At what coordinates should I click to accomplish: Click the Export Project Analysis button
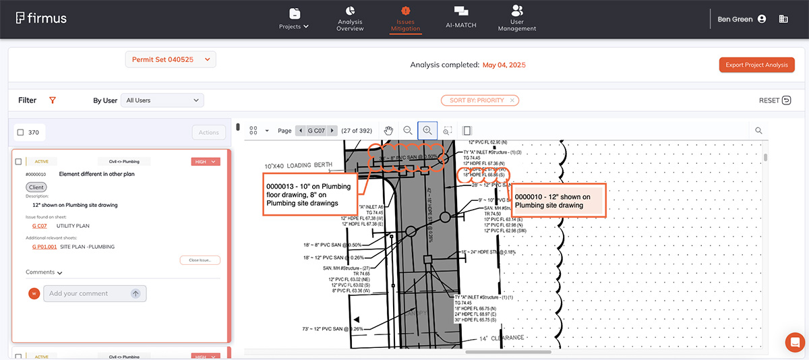coord(756,65)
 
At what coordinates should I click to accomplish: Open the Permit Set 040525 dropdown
coord(170,60)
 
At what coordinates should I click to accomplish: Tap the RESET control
coord(775,100)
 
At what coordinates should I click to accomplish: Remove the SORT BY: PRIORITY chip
coord(512,100)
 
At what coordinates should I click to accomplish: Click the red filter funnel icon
coord(53,100)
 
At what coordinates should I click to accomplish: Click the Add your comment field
coord(87,293)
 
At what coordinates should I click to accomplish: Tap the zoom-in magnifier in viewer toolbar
coord(427,130)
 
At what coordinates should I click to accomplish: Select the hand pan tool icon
coord(388,130)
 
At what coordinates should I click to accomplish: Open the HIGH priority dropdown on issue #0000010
coord(206,162)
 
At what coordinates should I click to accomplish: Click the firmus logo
coord(41,18)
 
